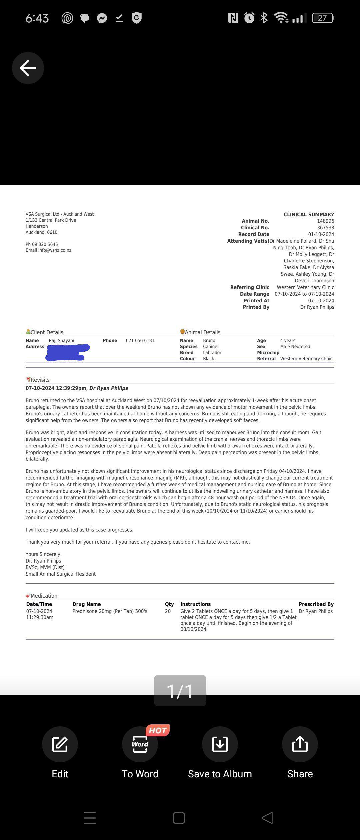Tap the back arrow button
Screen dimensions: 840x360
28,68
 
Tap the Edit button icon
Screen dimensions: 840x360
60,744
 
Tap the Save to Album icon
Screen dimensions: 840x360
220,744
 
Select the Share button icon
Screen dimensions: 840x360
300,744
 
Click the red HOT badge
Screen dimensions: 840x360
158,730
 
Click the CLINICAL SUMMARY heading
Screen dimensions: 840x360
309,215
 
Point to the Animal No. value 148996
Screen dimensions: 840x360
325,221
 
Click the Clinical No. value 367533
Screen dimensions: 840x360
325,228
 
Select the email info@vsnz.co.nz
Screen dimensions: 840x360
49,250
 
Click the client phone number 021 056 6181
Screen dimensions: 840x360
140,341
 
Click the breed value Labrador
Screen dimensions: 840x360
212,353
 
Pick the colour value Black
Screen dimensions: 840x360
209,359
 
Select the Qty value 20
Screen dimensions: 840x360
168,611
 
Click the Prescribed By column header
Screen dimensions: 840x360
316,604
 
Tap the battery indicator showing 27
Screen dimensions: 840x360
323,18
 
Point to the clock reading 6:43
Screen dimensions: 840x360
37,18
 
